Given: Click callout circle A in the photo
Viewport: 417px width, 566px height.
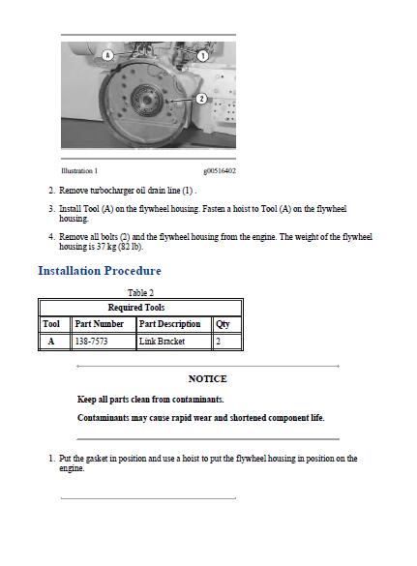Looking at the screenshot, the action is coord(107,56).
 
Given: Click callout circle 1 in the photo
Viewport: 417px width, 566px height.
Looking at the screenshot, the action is coord(203,56).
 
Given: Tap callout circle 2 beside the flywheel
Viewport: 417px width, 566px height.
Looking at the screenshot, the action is coord(201,98).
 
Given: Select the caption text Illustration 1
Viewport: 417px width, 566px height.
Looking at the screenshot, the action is coord(79,171).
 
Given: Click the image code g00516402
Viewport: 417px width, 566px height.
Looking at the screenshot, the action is coord(220,171).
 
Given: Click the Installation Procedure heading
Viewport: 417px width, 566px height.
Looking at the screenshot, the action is coord(100,271).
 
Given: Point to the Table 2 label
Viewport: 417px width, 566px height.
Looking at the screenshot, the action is coord(140,292).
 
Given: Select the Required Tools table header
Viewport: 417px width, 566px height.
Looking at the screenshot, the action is coord(140,307).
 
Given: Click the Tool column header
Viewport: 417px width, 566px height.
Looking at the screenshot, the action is coord(52,324).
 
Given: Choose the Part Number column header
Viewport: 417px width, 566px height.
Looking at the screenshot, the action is coord(99,324).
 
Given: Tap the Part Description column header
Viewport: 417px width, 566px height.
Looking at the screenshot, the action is coord(169,324).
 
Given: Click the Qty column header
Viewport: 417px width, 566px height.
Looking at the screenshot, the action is coord(223,324).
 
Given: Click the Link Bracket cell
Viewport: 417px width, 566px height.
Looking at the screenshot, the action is coord(162,342).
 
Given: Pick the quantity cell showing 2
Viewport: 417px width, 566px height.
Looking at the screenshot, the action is coord(218,342).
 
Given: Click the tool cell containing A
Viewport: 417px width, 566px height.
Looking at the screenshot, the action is coord(52,342).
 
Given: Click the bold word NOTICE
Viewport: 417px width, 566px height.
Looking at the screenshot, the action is coord(207,378).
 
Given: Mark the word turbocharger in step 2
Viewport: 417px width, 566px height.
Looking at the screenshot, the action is coord(111,191).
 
